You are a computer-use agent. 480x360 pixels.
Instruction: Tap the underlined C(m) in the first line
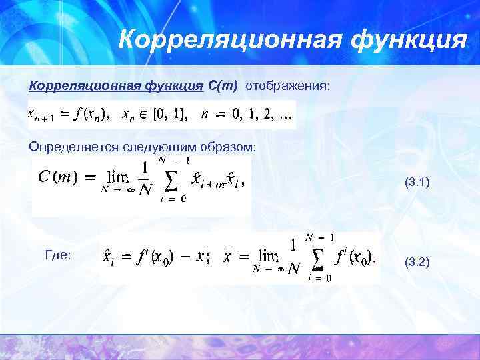pyautogui.click(x=223, y=86)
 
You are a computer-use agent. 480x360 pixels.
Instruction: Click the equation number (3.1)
pyautogui.click(x=417, y=181)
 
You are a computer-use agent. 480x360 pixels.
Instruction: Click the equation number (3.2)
pyautogui.click(x=417, y=263)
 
